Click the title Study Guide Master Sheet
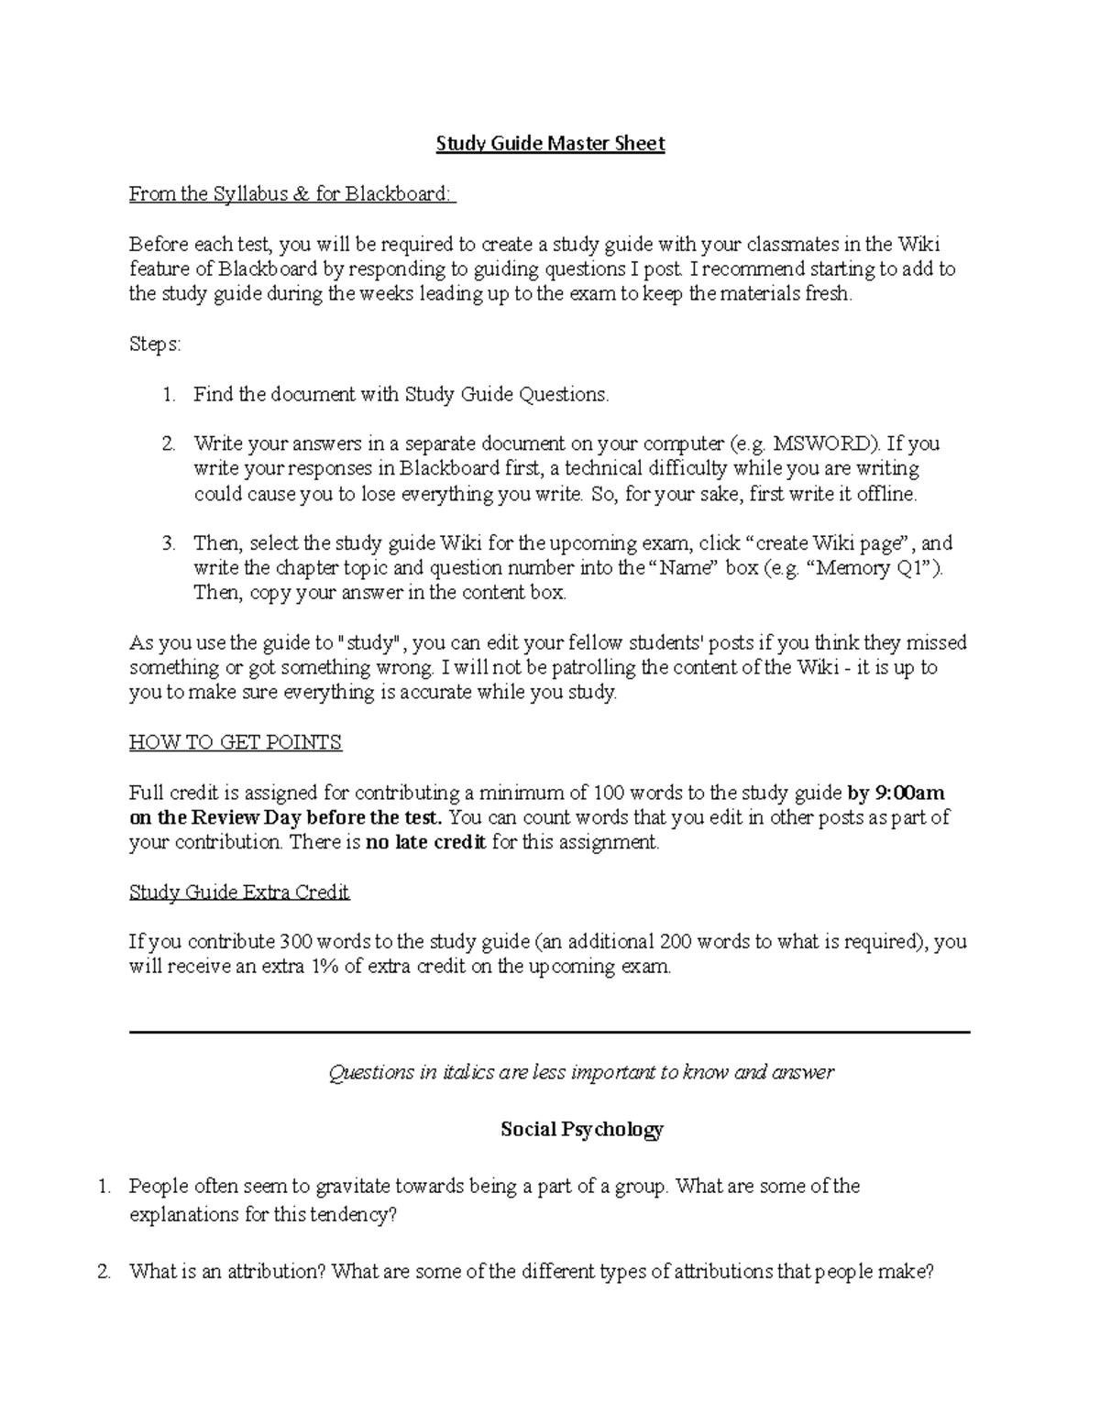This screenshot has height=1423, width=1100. click(550, 144)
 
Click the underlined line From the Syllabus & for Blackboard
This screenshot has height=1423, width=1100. click(291, 194)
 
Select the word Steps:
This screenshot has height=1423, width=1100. click(155, 345)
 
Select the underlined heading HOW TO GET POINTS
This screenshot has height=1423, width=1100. click(236, 742)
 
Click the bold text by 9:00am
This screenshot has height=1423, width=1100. click(896, 793)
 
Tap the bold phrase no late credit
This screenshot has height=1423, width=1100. click(425, 842)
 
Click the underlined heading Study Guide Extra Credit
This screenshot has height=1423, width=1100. click(239, 892)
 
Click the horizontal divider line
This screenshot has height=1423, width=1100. click(550, 1033)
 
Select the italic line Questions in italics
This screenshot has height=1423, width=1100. click(581, 1073)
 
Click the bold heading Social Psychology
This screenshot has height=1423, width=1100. click(581, 1129)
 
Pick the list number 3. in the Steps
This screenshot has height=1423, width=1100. click(169, 543)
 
